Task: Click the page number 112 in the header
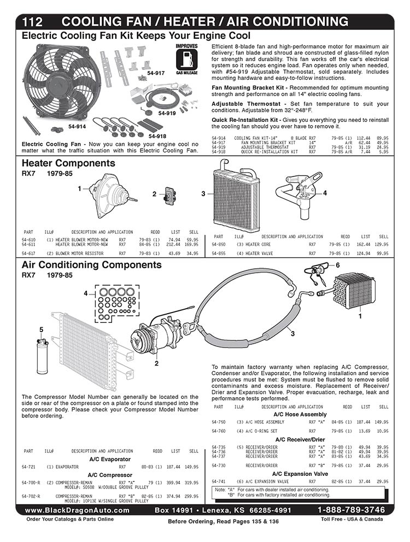click(x=32, y=22)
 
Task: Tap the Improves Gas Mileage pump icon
click(x=186, y=59)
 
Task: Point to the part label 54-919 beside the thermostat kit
click(x=167, y=113)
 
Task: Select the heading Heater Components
click(x=68, y=163)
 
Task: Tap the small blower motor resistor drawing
click(x=169, y=195)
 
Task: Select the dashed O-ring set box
click(x=118, y=303)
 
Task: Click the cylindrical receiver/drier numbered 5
click(x=43, y=356)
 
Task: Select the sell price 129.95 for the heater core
click(x=381, y=244)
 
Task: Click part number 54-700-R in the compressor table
click(x=31, y=482)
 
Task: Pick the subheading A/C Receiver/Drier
click(x=300, y=440)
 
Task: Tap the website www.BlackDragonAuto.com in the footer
click(x=77, y=510)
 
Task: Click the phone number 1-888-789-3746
click(x=351, y=510)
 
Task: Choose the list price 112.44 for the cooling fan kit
click(x=363, y=138)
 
